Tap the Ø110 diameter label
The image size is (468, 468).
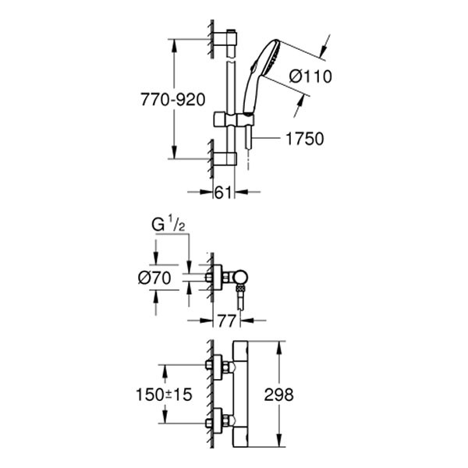(310, 76)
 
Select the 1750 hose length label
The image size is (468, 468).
(305, 138)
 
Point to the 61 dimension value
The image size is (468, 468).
(224, 193)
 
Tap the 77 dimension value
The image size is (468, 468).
(226, 319)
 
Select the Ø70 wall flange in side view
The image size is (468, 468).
(216, 277)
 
